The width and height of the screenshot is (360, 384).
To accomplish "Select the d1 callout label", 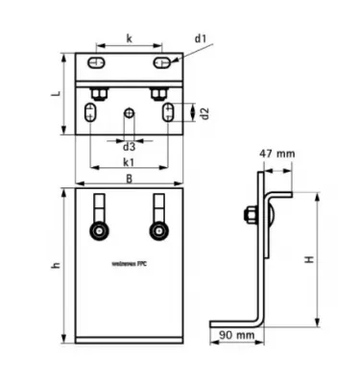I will pos(201,37).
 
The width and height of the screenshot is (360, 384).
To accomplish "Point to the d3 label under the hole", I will pos(129,147).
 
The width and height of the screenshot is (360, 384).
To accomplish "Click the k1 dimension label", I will pos(129,164).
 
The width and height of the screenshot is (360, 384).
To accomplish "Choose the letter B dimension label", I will pos(129,178).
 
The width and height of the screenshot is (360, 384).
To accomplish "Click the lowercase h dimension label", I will pos(57,266).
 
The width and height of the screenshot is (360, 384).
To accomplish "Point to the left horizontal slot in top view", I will pos(97,63).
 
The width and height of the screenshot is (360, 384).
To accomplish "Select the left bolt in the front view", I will pos(98,231).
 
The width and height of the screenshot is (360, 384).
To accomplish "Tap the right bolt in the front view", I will pos(157,231).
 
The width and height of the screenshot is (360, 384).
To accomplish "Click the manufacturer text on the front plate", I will pos(129,261).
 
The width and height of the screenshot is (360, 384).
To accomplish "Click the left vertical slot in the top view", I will pos(89,114).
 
